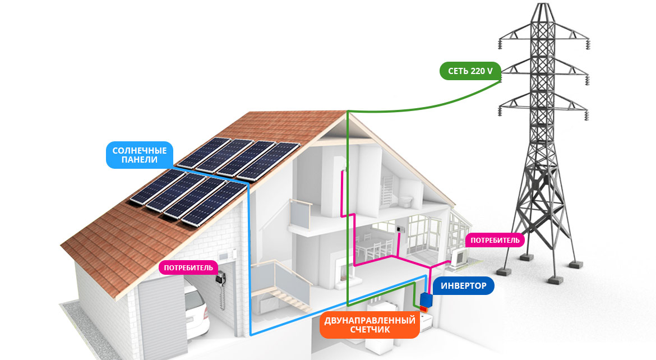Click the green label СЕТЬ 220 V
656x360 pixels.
(470, 71)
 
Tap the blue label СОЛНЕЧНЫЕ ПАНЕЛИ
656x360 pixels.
(139, 155)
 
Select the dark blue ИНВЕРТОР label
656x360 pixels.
(464, 286)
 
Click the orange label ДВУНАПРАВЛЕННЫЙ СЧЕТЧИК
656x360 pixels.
(370, 325)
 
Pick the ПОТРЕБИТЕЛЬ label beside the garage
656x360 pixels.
(188, 268)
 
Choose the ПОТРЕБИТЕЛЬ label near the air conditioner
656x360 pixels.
(495, 240)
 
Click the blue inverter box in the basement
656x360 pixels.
(426, 299)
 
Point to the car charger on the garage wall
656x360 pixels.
(221, 278)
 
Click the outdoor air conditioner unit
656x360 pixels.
(459, 257)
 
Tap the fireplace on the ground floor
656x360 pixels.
(344, 271)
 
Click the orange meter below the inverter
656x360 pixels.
(424, 310)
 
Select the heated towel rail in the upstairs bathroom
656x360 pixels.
(387, 191)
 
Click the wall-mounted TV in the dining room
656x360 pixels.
(400, 229)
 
